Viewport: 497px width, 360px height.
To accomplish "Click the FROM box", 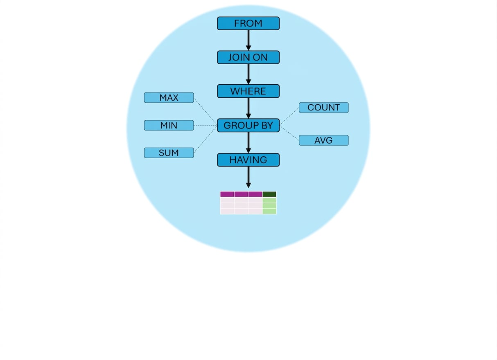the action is click(x=248, y=23).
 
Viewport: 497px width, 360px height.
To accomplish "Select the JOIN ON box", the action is click(x=248, y=57).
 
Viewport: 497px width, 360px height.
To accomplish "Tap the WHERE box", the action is click(x=248, y=91).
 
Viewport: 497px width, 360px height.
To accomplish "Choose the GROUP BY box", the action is click(x=248, y=126).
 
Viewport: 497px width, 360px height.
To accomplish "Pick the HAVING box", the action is click(x=248, y=160).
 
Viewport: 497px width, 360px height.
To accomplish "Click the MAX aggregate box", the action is click(x=169, y=98).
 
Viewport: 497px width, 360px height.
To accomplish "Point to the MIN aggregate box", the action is click(x=169, y=126).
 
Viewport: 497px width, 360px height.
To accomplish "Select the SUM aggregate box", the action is click(x=169, y=153).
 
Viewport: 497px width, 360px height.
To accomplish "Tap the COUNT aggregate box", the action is click(x=324, y=108).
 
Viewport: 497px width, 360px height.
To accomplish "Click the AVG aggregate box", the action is click(x=324, y=140).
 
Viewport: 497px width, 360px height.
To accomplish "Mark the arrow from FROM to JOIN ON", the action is click(x=248, y=40).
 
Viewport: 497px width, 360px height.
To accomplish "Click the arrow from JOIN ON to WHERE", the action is click(x=248, y=74).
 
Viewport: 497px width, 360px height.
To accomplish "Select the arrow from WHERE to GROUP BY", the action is click(x=248, y=108).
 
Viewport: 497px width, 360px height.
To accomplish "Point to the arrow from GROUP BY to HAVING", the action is click(x=248, y=143).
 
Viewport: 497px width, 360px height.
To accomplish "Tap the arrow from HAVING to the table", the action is click(x=248, y=177).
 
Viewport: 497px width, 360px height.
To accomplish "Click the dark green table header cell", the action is click(x=269, y=194).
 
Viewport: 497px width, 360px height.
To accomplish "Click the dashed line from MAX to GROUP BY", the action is click(x=206, y=111).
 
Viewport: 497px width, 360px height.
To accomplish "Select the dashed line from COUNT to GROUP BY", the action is click(x=289, y=116).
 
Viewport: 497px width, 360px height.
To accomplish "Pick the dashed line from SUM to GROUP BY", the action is click(x=206, y=139).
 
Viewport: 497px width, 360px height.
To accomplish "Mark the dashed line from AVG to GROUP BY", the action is click(x=289, y=133).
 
